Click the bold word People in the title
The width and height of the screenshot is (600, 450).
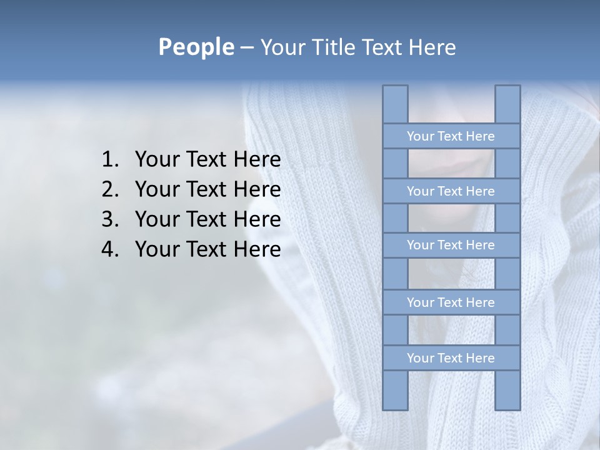coord(196,47)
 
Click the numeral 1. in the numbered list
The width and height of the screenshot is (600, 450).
coord(110,159)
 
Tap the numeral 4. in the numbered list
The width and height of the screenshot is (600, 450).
coord(110,249)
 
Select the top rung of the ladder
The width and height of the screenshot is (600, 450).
coord(451,136)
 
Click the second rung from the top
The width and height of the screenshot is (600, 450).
coord(451,191)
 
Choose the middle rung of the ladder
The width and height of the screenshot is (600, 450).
coord(451,245)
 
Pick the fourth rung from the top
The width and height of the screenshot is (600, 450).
coord(451,302)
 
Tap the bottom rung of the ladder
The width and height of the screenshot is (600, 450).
coord(451,358)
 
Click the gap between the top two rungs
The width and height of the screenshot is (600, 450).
coord(451,164)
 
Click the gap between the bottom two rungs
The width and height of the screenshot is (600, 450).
coord(451,330)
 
